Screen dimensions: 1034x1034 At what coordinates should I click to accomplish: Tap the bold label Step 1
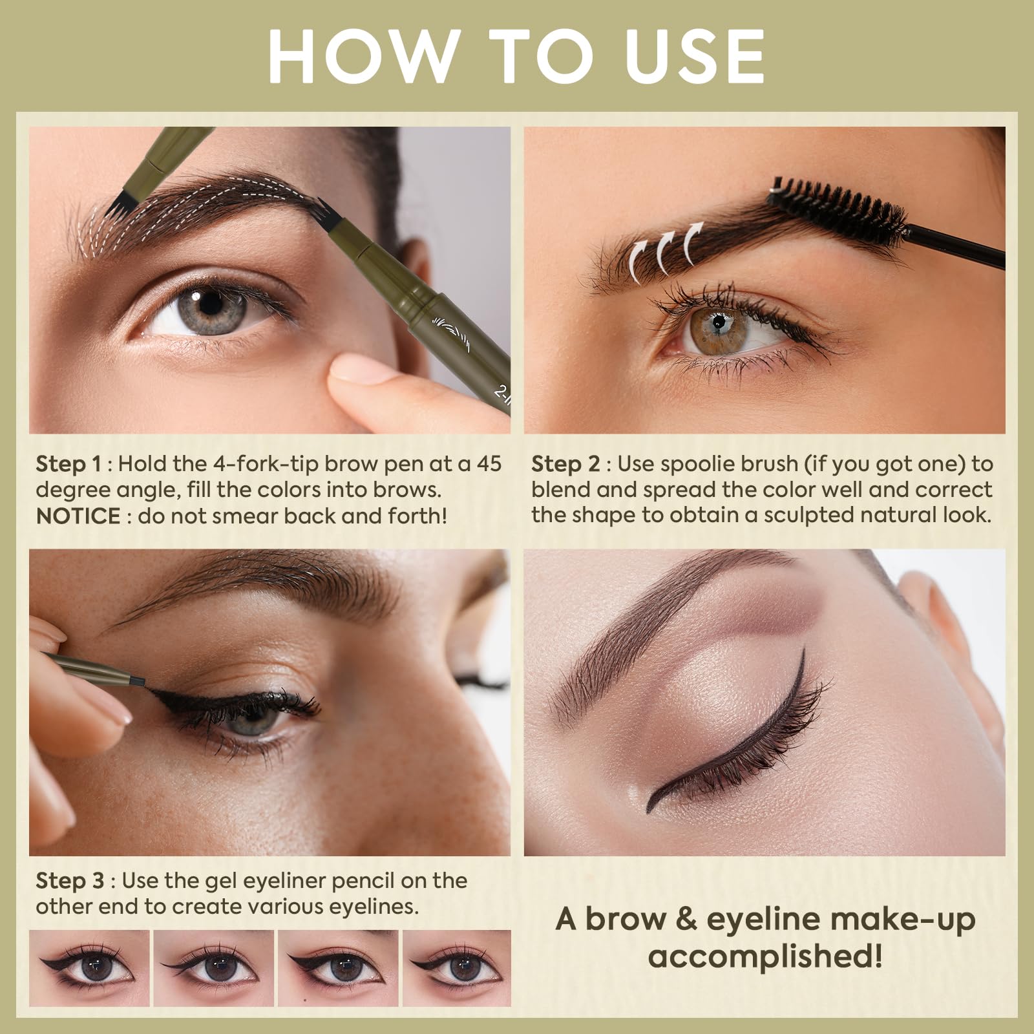[69, 464]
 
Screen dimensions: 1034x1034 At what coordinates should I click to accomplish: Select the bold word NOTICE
[78, 516]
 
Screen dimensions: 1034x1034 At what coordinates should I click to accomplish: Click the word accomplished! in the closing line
[765, 955]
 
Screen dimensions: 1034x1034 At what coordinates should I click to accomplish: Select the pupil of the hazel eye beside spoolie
[718, 321]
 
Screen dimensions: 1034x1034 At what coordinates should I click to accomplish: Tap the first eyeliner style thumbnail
[89, 967]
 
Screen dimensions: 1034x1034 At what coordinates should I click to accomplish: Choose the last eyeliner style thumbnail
[456, 967]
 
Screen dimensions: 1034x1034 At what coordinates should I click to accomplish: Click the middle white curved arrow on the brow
[666, 248]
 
